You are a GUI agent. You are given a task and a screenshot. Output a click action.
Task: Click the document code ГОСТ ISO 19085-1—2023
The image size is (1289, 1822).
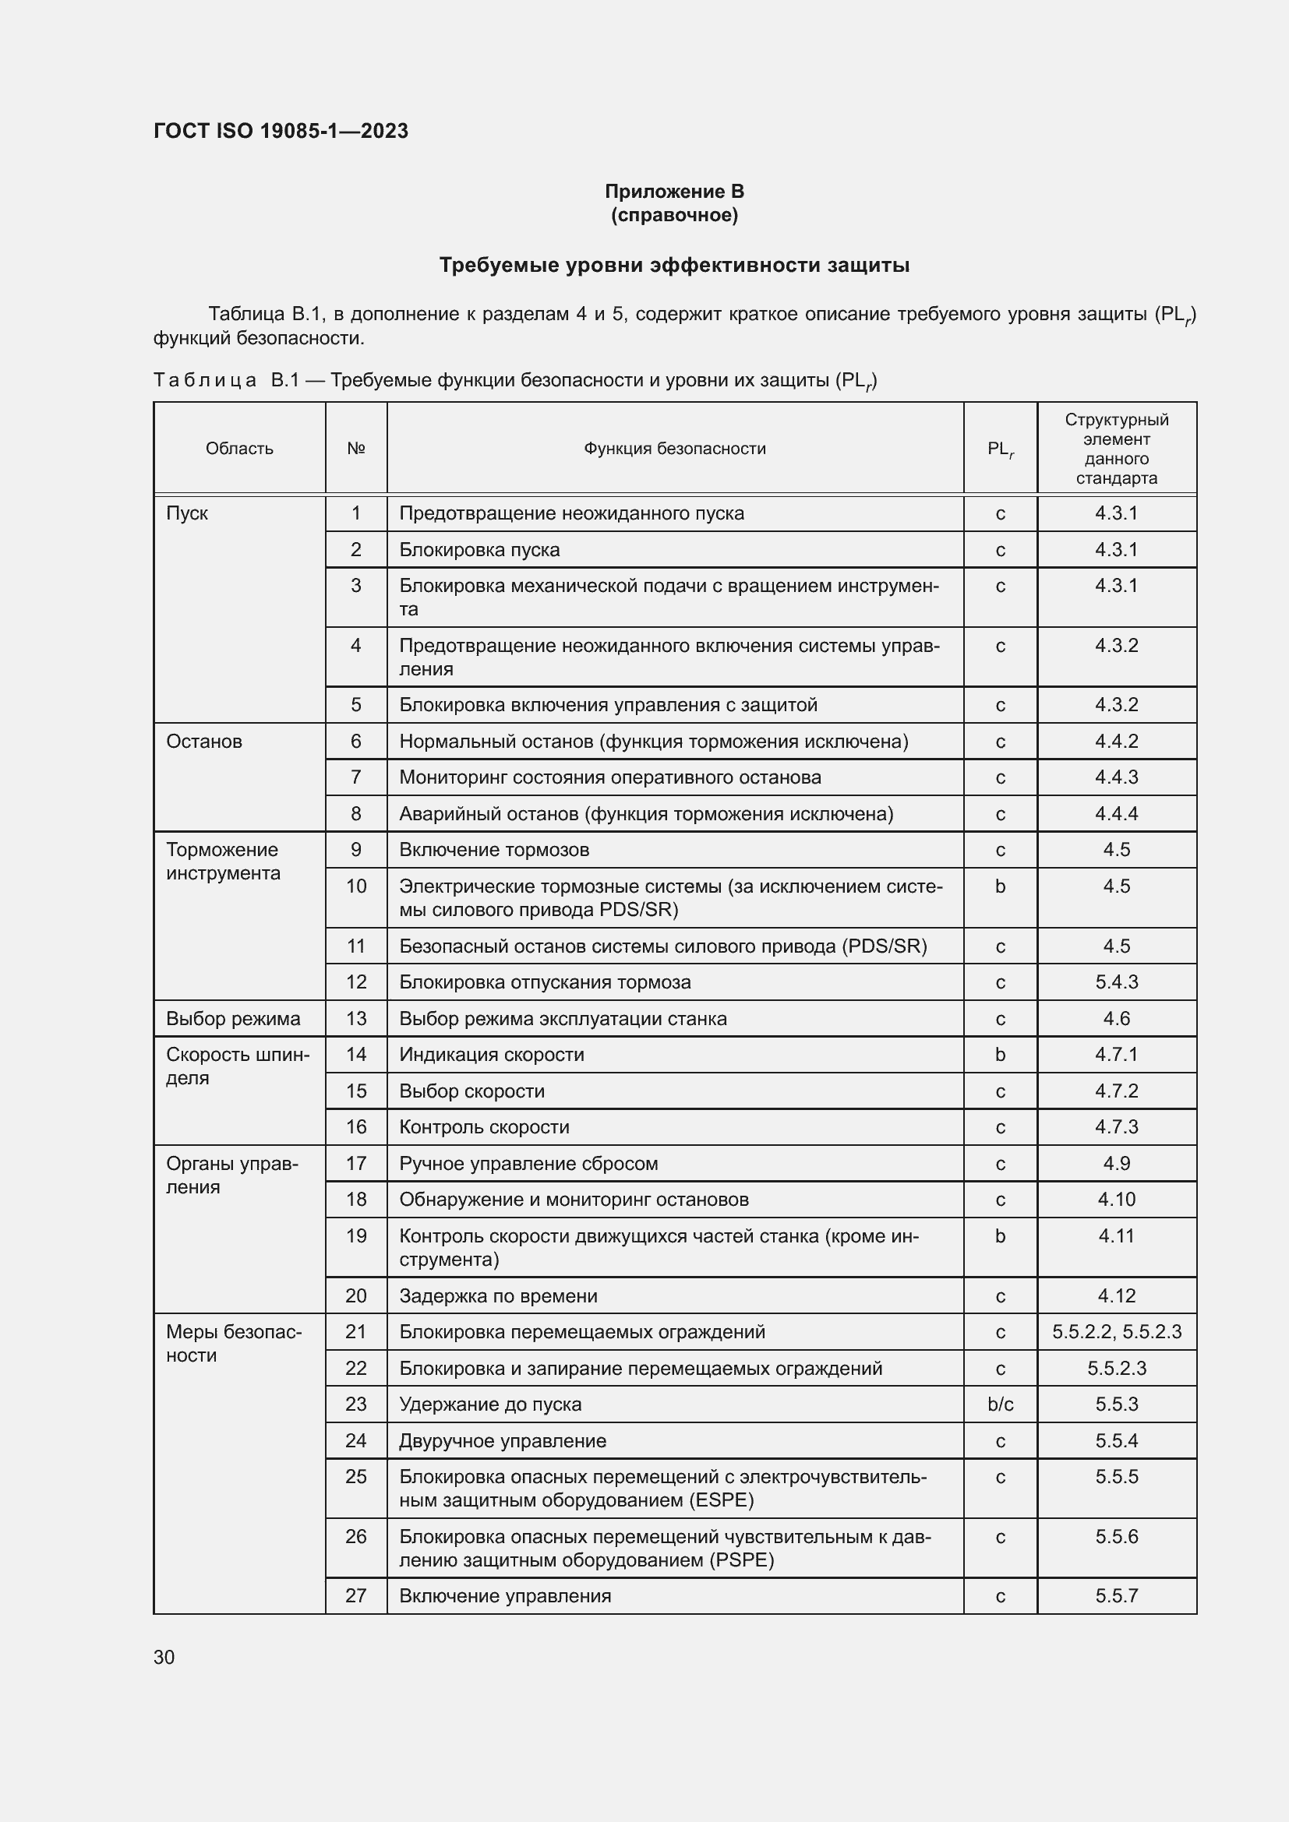click(x=281, y=131)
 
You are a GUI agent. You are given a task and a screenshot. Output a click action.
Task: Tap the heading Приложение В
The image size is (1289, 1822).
click(x=674, y=192)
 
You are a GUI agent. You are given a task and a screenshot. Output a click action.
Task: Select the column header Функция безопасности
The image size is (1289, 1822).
click(x=675, y=449)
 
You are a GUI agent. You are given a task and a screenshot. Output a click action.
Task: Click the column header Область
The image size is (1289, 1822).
click(x=239, y=449)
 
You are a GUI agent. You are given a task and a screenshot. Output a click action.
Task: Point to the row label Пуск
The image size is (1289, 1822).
click(x=187, y=513)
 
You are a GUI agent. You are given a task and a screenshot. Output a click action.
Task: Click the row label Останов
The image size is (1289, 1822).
click(x=204, y=741)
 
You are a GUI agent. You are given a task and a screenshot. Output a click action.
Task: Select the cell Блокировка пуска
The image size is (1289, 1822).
click(x=479, y=550)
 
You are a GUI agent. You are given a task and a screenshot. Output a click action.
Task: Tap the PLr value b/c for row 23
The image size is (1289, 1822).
click(x=1000, y=1404)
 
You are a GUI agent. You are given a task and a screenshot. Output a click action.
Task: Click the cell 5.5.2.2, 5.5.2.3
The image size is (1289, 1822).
click(x=1116, y=1331)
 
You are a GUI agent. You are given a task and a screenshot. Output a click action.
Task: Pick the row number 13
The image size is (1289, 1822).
click(x=356, y=1018)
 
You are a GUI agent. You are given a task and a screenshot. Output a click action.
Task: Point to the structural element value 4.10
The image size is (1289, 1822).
click(x=1116, y=1199)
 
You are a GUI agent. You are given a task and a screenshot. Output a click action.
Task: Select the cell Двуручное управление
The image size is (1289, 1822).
click(x=503, y=1440)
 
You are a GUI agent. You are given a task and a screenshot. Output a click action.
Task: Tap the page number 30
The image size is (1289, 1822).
click(x=164, y=1657)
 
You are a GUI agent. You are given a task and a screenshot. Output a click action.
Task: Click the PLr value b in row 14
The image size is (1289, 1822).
click(x=1000, y=1055)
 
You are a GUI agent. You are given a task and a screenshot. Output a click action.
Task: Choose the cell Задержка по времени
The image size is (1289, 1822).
click(x=498, y=1296)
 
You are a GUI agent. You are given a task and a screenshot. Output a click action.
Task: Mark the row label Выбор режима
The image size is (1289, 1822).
click(x=232, y=1018)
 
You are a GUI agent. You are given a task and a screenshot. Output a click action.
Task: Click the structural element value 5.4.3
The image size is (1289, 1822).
click(x=1116, y=981)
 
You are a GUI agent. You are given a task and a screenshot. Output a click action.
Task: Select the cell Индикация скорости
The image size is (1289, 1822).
click(x=491, y=1055)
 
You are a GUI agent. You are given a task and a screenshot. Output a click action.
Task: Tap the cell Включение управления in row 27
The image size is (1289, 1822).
click(x=505, y=1596)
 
